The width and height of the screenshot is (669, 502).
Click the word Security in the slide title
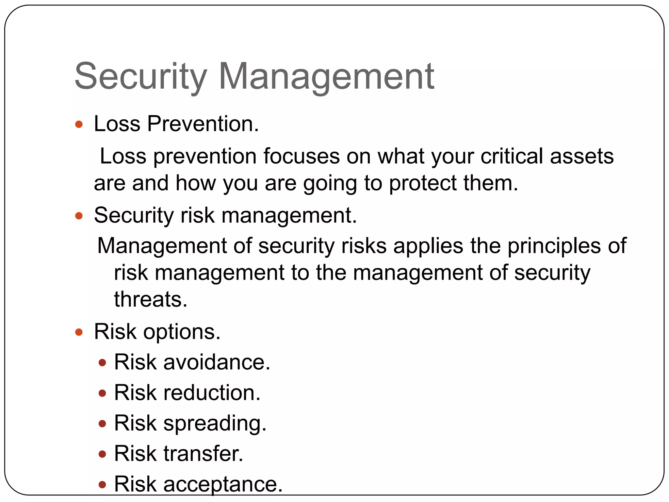click(141, 76)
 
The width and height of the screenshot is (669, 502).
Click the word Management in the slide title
click(326, 76)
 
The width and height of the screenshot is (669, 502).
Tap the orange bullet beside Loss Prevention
click(79, 124)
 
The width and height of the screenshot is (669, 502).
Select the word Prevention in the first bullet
click(203, 124)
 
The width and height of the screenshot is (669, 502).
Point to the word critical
click(512, 156)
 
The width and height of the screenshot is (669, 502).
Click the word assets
click(582, 156)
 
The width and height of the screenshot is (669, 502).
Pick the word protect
click(423, 183)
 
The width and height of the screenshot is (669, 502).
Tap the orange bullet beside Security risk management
click(79, 216)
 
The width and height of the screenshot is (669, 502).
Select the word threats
click(151, 299)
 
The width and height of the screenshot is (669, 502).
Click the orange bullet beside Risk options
click(79, 332)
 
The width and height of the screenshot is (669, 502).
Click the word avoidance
click(217, 362)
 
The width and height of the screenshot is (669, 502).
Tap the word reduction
click(212, 393)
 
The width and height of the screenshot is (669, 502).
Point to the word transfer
click(203, 453)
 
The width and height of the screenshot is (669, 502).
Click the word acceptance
click(223, 484)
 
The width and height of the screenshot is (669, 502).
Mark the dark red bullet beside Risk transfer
click(102, 454)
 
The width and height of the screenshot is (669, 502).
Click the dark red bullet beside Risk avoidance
click(102, 363)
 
